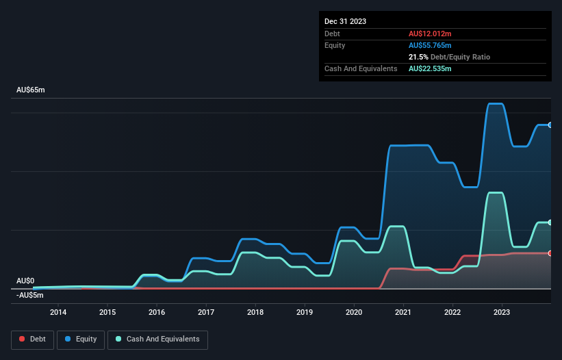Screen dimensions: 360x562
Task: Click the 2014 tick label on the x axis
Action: pos(58,313)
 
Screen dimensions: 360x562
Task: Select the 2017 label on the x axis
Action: pos(206,313)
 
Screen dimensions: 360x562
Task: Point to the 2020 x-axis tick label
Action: pos(354,313)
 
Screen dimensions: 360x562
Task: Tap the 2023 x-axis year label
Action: pos(502,313)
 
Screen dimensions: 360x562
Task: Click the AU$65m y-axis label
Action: pos(30,90)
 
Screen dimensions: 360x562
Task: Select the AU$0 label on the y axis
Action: pos(25,281)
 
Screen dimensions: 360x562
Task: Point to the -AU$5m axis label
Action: pos(30,295)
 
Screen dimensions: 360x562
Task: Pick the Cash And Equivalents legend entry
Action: pos(157,339)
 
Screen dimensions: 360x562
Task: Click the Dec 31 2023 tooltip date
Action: pos(345,21)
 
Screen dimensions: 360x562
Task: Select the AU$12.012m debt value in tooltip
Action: pos(430,34)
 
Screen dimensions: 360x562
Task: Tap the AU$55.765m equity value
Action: pos(430,45)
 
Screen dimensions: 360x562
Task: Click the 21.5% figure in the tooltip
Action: pos(418,57)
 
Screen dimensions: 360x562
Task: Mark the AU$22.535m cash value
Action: pos(430,68)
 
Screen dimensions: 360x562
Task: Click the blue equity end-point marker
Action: pos(550,125)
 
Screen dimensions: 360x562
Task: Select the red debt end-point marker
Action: pos(550,253)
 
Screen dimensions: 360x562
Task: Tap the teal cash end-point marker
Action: pos(550,222)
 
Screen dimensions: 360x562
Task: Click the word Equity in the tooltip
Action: pos(335,45)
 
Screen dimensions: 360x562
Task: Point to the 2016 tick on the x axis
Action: pos(157,313)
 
